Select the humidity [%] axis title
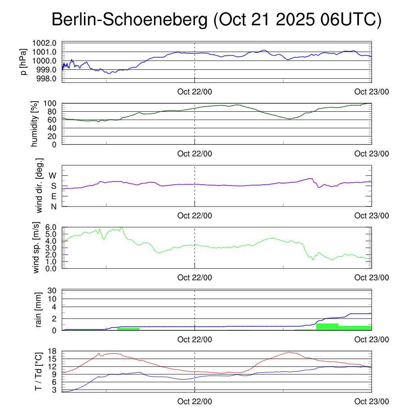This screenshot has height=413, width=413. click(35, 123)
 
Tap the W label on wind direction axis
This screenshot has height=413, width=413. click(53, 175)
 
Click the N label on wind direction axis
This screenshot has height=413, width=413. click(53, 206)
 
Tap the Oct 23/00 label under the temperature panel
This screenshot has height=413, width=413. click(371, 402)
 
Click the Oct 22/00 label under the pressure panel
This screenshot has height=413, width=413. click(194, 92)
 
